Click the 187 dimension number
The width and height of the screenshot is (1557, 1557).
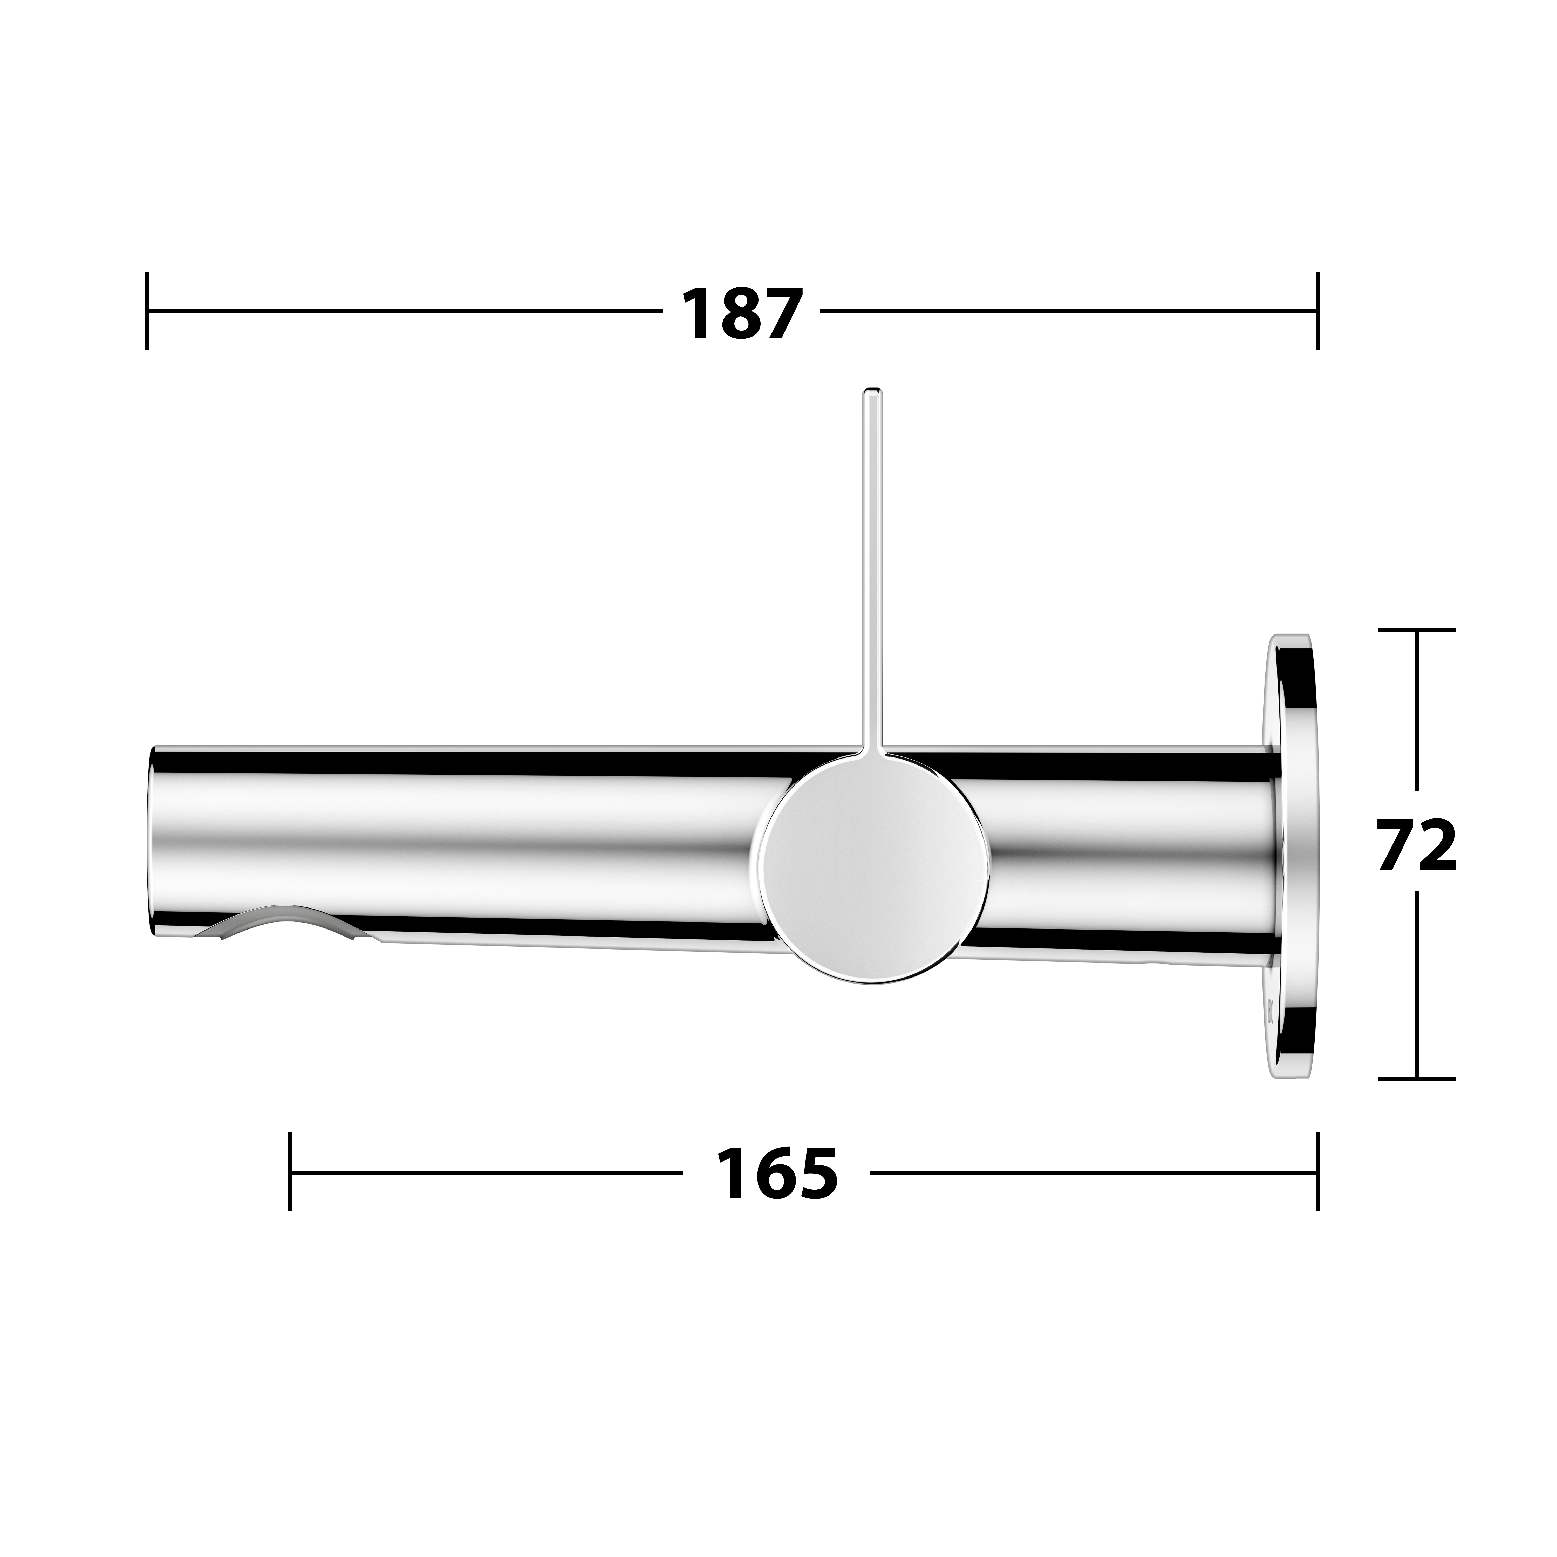click(742, 313)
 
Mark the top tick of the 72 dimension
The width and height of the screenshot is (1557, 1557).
click(1417, 629)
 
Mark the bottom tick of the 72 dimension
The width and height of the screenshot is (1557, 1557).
click(1417, 1078)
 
